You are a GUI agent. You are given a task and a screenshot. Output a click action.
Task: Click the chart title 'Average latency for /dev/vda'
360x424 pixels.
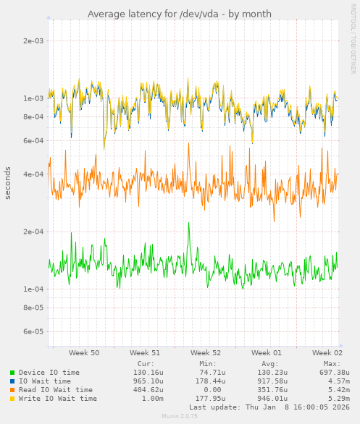[x=180, y=14]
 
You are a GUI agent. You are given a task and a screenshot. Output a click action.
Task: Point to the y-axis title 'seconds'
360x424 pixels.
[x=8, y=183]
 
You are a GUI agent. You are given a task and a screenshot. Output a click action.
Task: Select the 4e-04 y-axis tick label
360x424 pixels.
[x=33, y=174]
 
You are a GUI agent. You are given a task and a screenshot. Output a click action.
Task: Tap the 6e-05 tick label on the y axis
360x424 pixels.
[x=33, y=332]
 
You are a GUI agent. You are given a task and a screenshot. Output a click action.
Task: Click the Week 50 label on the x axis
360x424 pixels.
[x=84, y=352]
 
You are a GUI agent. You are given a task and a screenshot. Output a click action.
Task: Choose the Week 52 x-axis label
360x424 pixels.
[x=206, y=352]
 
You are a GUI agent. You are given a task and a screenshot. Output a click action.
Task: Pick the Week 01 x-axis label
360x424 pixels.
[x=267, y=352]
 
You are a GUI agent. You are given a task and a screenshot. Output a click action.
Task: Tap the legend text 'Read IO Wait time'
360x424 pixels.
[x=56, y=390]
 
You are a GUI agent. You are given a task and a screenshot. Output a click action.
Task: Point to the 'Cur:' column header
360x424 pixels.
[x=146, y=363]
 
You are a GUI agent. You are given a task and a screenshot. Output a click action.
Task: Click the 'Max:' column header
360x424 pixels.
[x=332, y=363]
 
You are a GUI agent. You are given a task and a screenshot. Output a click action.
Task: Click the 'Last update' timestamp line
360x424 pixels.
[x=269, y=407]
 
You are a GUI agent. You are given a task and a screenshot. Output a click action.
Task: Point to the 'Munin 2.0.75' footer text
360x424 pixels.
[x=180, y=417]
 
